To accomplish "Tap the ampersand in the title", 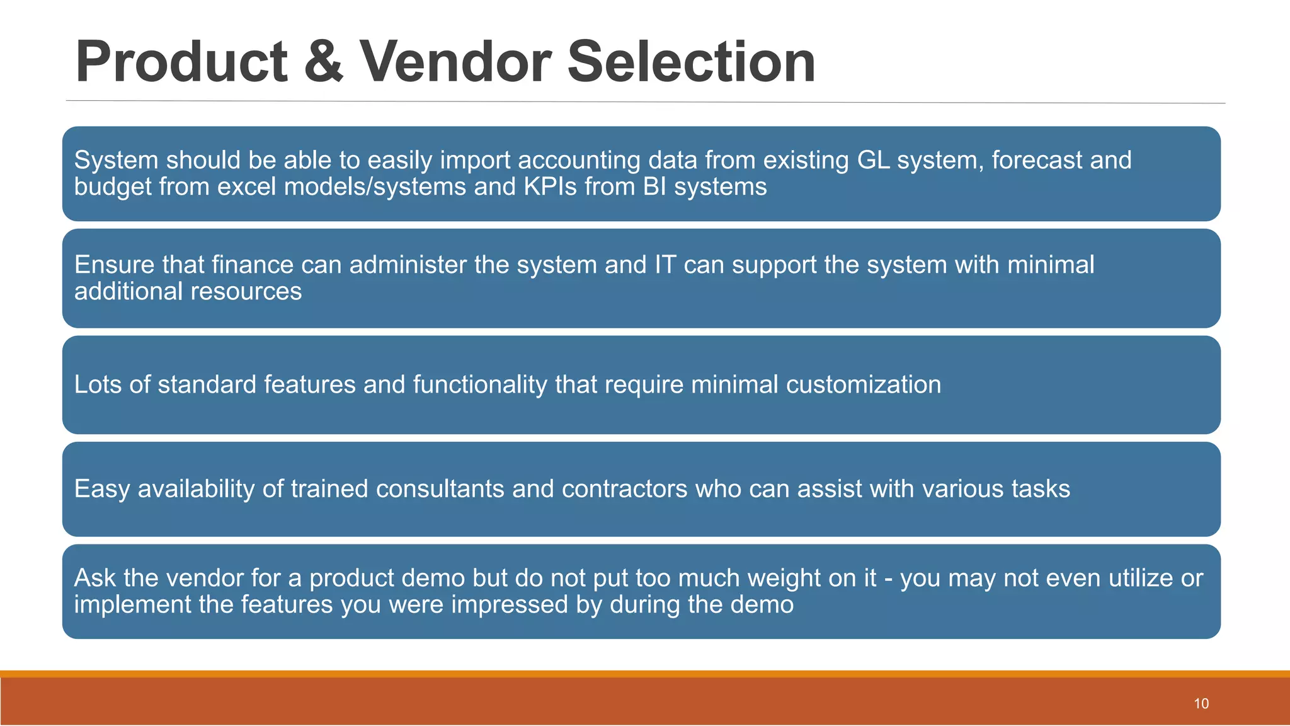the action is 324,62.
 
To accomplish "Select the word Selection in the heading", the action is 691,62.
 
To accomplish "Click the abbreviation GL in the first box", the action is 873,160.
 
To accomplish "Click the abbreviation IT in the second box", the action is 665,265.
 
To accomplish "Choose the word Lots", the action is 98,384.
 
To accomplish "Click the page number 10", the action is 1201,704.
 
